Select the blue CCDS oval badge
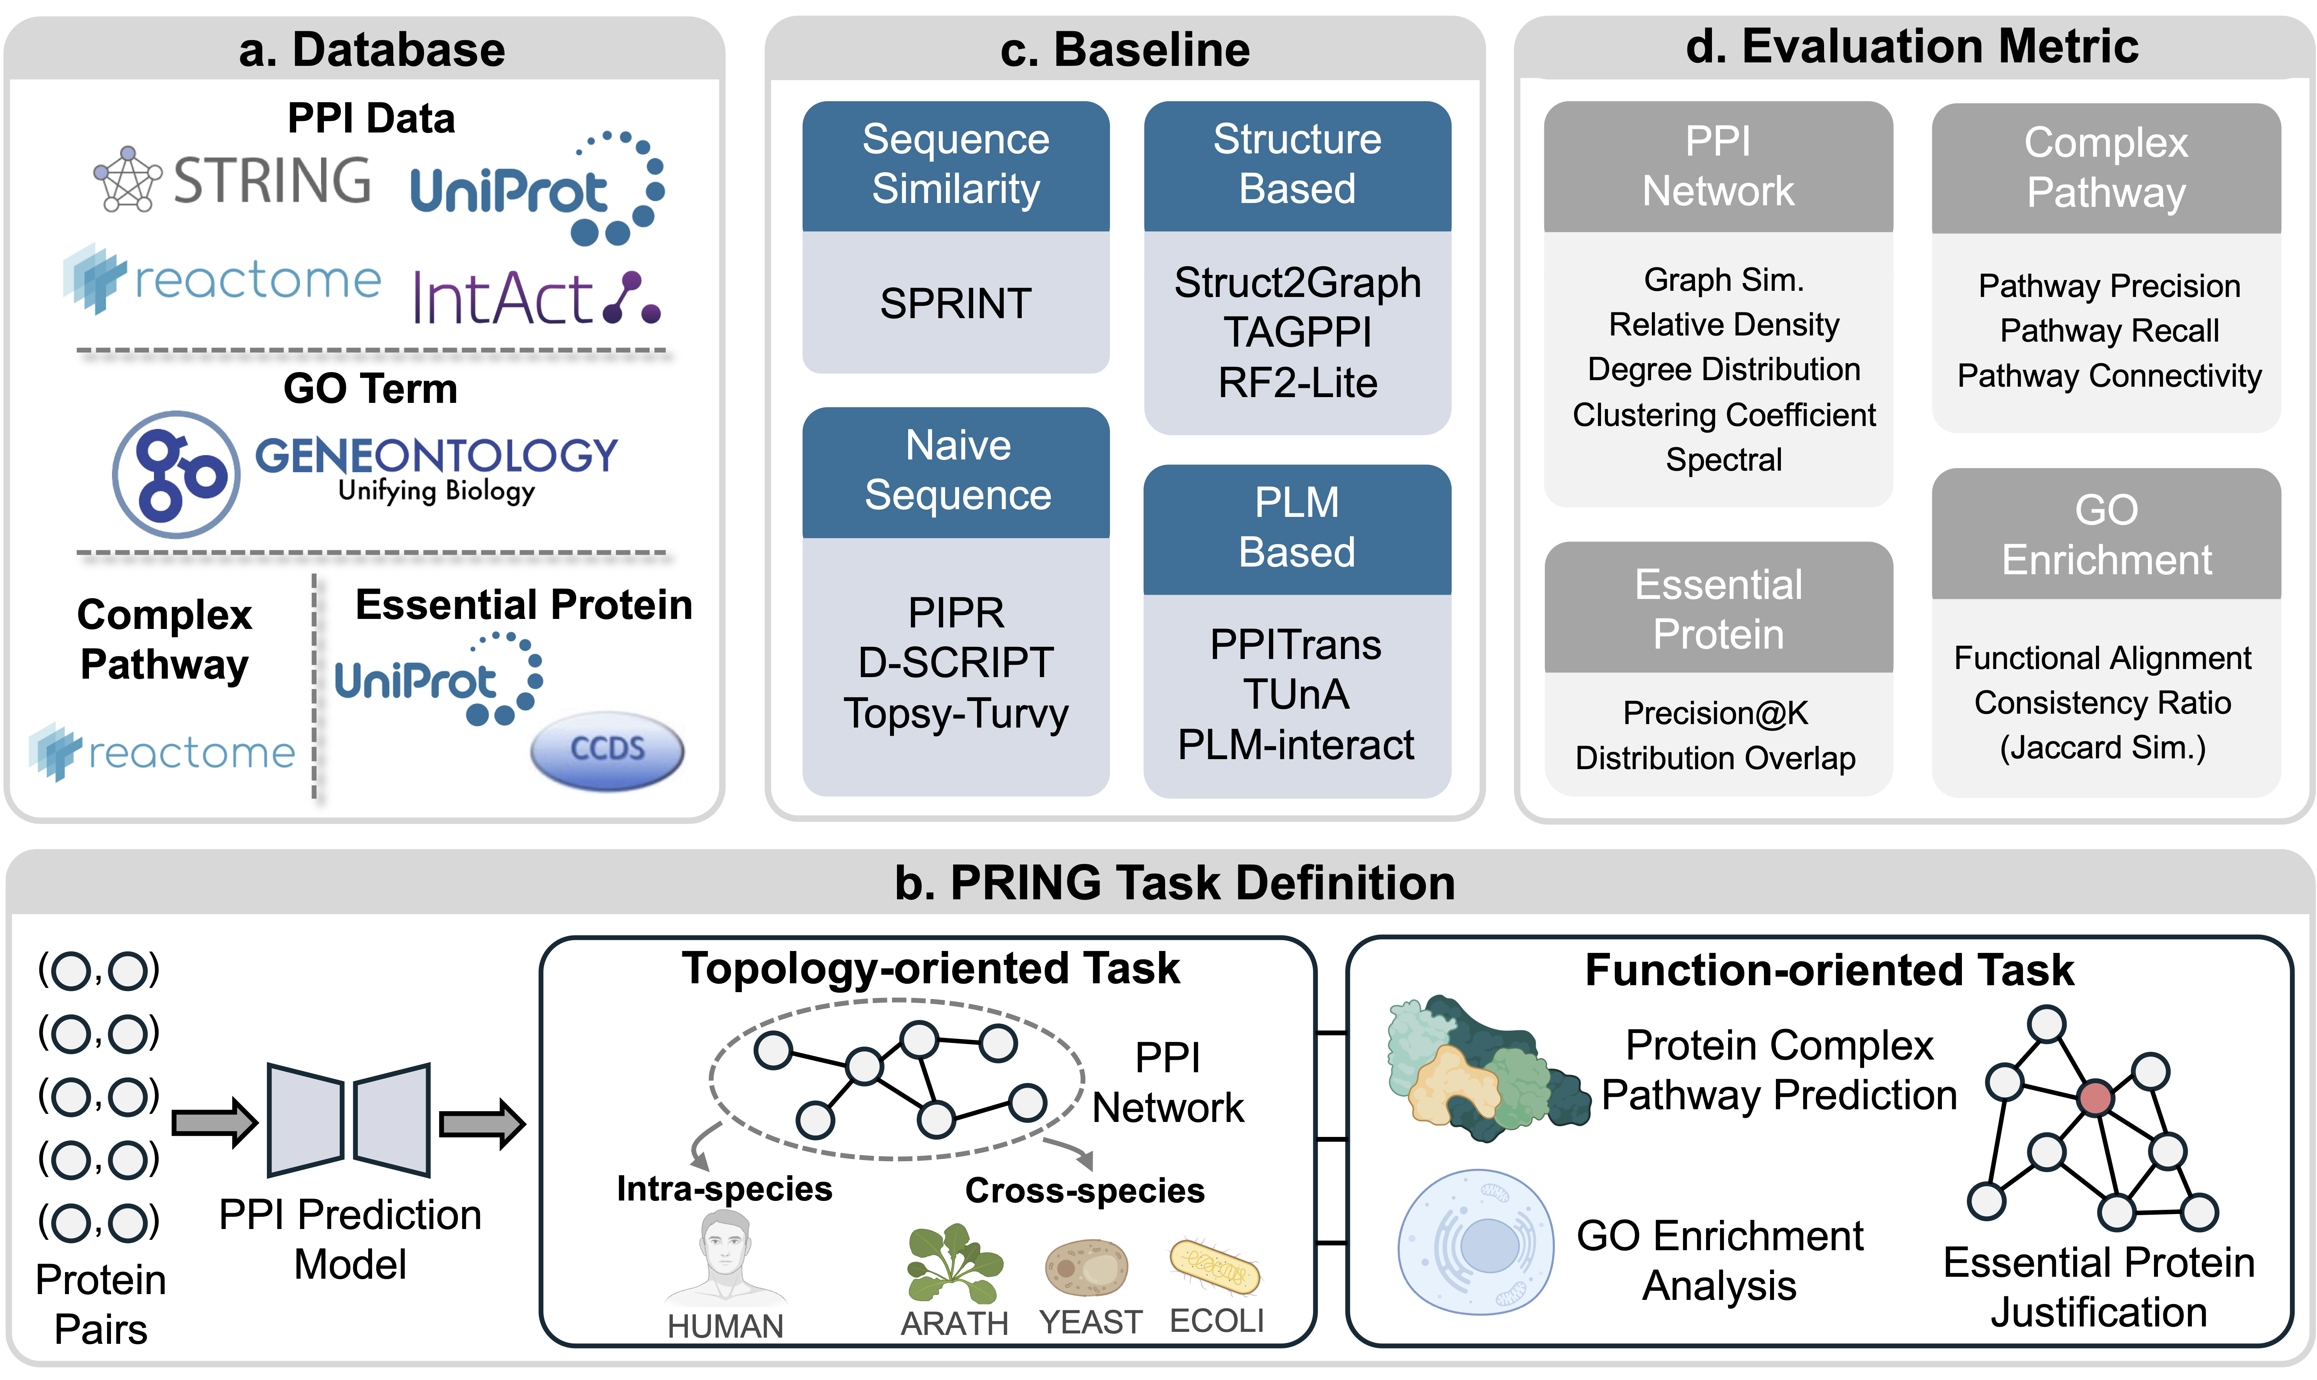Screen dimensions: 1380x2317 click(607, 750)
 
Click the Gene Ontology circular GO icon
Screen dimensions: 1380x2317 click(177, 474)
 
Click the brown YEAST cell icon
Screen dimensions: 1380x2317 click(1086, 1266)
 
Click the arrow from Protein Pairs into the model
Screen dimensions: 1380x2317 click(214, 1123)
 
